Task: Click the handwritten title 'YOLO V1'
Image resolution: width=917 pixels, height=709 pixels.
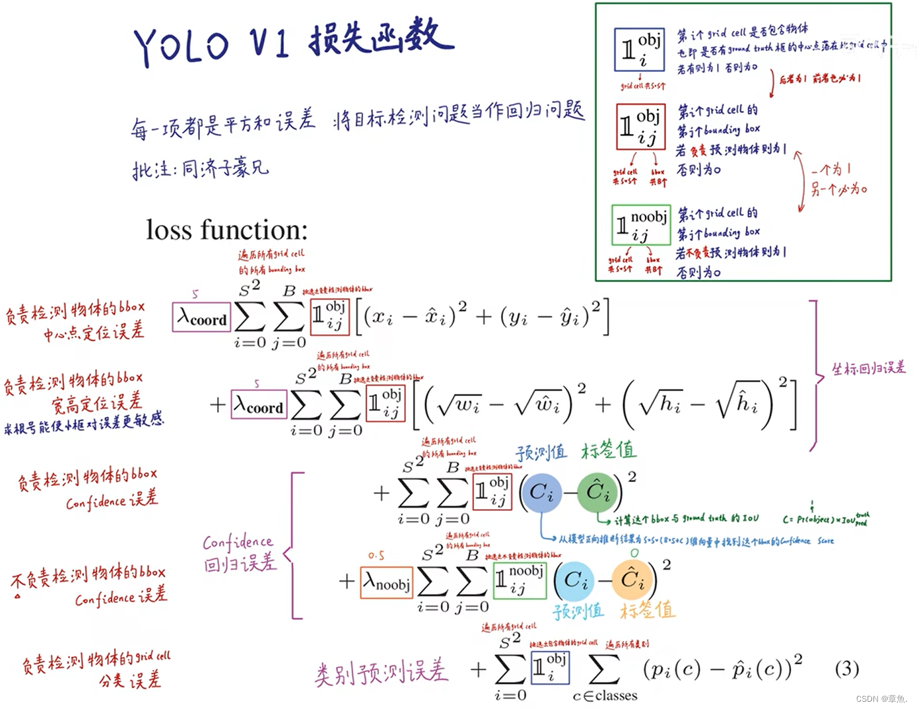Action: tap(211, 45)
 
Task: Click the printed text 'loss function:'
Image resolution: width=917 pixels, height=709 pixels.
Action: tap(226, 230)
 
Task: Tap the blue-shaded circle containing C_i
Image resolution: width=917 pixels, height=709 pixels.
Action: tap(541, 492)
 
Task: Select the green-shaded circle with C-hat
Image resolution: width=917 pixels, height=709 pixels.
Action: tap(598, 492)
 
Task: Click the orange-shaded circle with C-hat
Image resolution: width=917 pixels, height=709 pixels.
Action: tap(632, 580)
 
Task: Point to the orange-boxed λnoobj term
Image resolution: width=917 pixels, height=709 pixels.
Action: tap(387, 582)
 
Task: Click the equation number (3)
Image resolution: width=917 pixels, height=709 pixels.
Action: tap(847, 669)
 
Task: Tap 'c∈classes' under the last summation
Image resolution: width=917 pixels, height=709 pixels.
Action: tap(605, 696)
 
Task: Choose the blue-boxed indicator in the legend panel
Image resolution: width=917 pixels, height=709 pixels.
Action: tap(638, 50)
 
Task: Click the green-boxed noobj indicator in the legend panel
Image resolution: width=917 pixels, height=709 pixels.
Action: tap(641, 225)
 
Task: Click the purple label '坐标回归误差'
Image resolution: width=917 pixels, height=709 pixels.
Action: tap(868, 368)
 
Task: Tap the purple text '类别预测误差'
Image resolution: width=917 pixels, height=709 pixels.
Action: tap(381, 672)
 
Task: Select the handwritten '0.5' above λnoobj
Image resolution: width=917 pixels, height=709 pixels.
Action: tap(376, 556)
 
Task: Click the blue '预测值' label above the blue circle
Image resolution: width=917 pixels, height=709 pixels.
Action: tap(541, 452)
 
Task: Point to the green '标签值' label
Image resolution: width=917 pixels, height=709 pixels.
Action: tap(608, 450)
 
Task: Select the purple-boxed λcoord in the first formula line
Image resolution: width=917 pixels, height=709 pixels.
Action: tap(201, 318)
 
